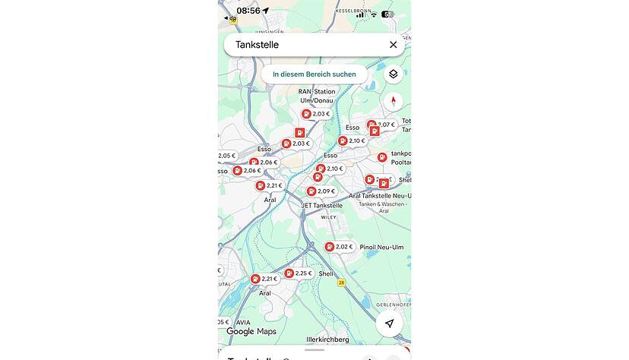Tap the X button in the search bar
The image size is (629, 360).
pyautogui.click(x=393, y=45)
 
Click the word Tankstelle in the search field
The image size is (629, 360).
pyautogui.click(x=257, y=45)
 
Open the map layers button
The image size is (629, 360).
pyautogui.click(x=393, y=74)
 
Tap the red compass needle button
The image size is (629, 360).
pyautogui.click(x=393, y=101)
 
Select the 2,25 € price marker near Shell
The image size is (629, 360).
pyautogui.click(x=299, y=273)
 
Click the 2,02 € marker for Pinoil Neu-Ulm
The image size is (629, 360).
pyautogui.click(x=339, y=247)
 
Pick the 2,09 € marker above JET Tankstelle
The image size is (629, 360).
pyautogui.click(x=321, y=191)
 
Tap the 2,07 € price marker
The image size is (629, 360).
pyautogui.click(x=382, y=125)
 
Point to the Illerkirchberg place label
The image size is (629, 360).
pyautogui.click(x=327, y=339)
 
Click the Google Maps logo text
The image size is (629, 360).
pyautogui.click(x=251, y=332)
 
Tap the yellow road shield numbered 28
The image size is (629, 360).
pyautogui.click(x=342, y=283)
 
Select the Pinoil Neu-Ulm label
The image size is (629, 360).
pyautogui.click(x=381, y=248)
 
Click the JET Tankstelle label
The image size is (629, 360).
pyautogui.click(x=321, y=205)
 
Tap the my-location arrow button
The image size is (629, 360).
pyautogui.click(x=389, y=324)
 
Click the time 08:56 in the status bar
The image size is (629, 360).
pyautogui.click(x=248, y=11)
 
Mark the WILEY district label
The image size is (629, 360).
pyautogui.click(x=328, y=217)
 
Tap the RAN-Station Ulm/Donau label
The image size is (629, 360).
pyautogui.click(x=316, y=96)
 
